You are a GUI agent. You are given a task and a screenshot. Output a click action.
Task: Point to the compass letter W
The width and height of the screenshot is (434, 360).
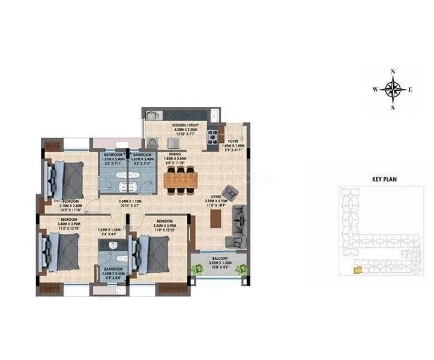coord(375,90)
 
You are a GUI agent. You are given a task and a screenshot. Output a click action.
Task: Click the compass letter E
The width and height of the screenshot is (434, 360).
coord(411,90)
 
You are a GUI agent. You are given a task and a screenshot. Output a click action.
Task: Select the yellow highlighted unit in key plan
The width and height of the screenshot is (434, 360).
coord(358,270)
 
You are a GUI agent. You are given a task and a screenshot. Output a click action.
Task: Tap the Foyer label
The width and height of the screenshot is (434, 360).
coord(234,141)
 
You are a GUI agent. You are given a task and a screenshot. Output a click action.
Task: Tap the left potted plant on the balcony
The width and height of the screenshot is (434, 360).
coord(197,269)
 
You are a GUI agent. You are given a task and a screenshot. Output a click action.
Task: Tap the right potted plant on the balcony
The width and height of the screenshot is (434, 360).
coord(241,269)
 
